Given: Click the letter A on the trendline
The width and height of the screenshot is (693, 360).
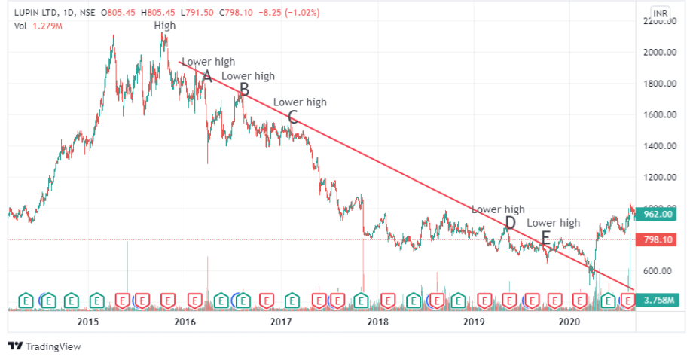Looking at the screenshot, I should (208, 75).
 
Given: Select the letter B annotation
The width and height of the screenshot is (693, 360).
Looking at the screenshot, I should (243, 90).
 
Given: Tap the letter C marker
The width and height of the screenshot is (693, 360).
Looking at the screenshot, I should (293, 117).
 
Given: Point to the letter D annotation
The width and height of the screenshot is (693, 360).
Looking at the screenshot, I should (510, 223).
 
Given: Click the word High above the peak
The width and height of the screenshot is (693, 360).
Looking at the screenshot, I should (165, 26).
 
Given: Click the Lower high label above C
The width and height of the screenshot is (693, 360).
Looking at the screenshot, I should (300, 102).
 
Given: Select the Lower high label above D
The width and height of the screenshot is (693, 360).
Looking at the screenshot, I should (498, 209).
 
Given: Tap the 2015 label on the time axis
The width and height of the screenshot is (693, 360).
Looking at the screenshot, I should (88, 322).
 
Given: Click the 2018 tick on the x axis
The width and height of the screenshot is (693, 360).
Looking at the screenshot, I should (377, 322).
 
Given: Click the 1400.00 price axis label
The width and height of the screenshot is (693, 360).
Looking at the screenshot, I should (659, 146).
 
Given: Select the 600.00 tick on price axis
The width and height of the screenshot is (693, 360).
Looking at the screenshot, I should (659, 271).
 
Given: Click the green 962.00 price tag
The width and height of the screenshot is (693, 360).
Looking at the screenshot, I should (658, 214).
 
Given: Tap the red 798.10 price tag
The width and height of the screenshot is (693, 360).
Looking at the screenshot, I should (658, 239).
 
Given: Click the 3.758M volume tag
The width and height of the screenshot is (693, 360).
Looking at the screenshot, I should (658, 301).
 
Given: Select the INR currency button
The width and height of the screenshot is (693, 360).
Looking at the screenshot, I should (660, 13).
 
